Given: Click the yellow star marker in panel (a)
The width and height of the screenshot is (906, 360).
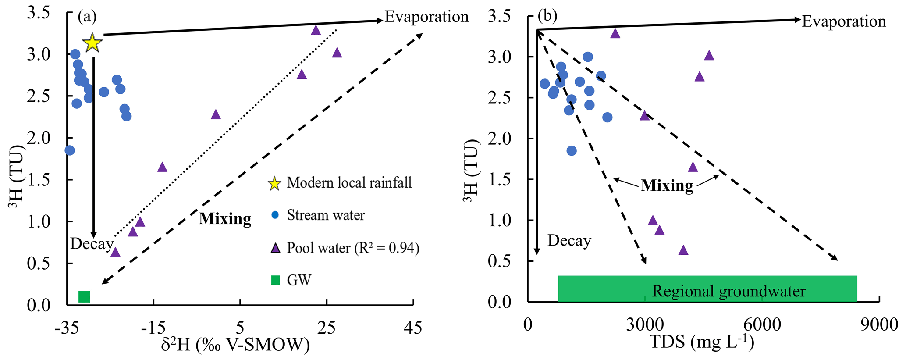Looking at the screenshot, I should click(92, 43).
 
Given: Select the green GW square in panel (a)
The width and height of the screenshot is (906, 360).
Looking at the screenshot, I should click(84, 296).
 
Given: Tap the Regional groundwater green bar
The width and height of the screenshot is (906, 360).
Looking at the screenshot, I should click(707, 289).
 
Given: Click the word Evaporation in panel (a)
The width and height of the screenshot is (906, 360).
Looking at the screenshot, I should click(426, 17).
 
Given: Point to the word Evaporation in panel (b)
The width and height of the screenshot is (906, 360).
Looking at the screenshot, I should click(844, 21).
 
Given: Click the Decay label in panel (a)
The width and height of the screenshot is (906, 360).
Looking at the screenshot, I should click(91, 244).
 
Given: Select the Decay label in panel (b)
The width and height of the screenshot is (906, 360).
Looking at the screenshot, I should click(569, 241).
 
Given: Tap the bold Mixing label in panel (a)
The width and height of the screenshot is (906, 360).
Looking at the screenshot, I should click(225, 218).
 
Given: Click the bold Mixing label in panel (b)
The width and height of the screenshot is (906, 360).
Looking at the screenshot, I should click(667, 185).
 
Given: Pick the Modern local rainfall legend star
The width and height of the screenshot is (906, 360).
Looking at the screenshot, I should click(274, 183).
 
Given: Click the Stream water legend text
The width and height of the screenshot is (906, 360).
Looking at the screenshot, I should click(326, 215).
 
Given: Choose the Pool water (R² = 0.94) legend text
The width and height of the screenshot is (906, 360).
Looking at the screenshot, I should click(353, 248).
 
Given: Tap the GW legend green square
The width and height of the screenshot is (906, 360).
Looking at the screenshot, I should click(275, 280).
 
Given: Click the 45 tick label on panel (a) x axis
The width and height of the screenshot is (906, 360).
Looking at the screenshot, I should click(413, 328).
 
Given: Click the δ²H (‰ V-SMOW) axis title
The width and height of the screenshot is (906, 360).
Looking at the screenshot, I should click(235, 345).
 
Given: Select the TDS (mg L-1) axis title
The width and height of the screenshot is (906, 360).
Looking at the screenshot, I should click(701, 342).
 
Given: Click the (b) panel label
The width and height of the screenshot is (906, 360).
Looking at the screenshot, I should click(547, 16).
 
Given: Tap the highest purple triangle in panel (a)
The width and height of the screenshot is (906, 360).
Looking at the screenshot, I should click(316, 30).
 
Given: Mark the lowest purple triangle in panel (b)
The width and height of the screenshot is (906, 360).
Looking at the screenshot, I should click(683, 250).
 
